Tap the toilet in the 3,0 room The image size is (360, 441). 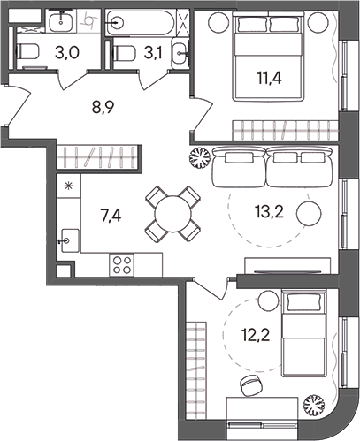click(x=28, y=54)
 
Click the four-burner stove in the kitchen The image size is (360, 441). click(x=121, y=263)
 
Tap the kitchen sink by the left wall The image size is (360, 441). click(x=69, y=239)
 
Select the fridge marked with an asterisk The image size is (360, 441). click(x=68, y=187)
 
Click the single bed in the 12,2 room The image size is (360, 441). click(x=303, y=331)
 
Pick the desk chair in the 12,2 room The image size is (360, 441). click(x=249, y=385)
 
